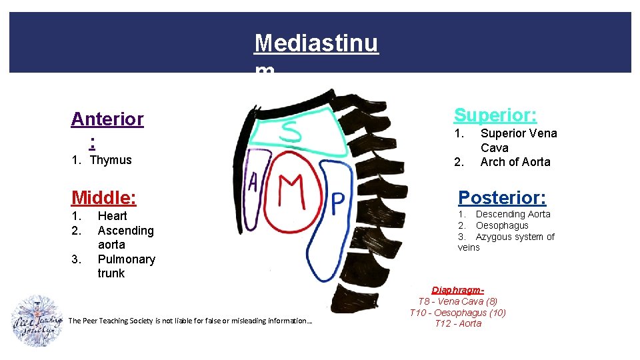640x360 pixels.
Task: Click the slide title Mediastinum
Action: point(316,44)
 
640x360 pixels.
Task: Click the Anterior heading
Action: point(107,119)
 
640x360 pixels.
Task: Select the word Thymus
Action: point(111,160)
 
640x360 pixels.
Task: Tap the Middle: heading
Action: point(103,197)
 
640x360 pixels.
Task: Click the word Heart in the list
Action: point(112,216)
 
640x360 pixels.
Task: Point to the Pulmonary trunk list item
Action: point(126,266)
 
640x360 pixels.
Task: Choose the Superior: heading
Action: point(495,115)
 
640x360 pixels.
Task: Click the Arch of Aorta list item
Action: point(515,162)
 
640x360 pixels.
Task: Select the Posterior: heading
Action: point(502,198)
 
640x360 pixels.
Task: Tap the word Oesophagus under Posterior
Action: point(501,225)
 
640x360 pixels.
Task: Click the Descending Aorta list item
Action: point(512,214)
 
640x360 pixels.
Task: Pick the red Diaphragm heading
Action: point(457,290)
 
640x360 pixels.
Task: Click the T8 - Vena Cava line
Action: point(457,301)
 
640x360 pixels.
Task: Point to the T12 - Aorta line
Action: point(457,324)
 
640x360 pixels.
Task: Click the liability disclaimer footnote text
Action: point(190,321)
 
